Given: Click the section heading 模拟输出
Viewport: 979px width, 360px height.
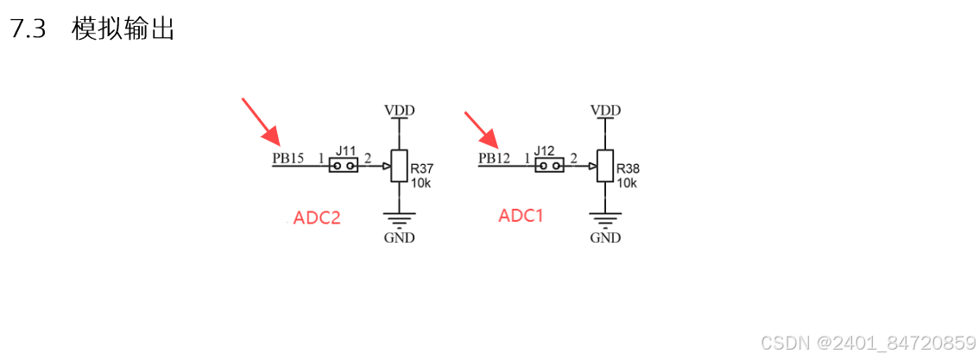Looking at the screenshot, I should pos(123,29).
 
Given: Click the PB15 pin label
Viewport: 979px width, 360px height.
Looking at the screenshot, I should pos(287,159).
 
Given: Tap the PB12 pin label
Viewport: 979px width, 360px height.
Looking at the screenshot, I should pos(494,159).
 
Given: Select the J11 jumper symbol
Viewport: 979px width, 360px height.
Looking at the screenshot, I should pos(344,164).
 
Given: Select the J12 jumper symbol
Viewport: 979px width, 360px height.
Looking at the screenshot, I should pos(549,164).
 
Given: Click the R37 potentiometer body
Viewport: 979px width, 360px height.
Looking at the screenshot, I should pos(398,165).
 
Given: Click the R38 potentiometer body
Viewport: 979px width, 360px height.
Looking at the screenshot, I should pos(604,165).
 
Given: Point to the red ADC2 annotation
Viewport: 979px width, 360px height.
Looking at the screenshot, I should pos(317,218).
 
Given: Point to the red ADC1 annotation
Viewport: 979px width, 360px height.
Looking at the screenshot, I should pos(521,216).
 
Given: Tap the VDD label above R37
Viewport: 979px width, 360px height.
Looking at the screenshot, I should pos(399,111).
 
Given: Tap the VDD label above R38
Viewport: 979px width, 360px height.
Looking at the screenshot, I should pos(605,111).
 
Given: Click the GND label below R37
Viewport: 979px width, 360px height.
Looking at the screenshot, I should pos(399,237).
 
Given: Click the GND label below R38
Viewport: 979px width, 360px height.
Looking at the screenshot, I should pos(605,237).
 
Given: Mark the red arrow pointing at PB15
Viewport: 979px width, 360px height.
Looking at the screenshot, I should pos(261,121).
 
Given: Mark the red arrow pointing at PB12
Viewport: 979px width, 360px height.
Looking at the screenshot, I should pos(483,129).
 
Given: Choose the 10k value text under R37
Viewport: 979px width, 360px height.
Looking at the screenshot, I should pos(420,183).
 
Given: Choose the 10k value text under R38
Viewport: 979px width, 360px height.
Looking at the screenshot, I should pos(627,183).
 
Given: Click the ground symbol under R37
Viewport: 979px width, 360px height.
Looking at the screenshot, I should pos(398,219).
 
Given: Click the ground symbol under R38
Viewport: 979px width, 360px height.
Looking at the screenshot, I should pos(604,219).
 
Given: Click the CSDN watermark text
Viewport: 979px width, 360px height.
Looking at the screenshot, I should pos(867,343).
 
